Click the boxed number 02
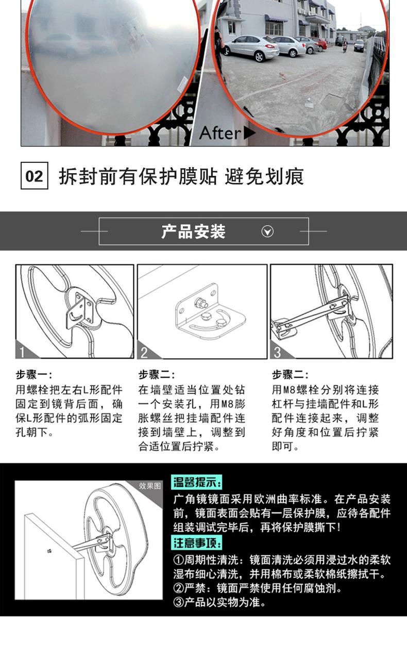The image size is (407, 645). tap(34, 176)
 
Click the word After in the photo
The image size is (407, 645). tap(220, 133)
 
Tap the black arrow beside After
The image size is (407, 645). tap(249, 133)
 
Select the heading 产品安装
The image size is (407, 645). tap(193, 231)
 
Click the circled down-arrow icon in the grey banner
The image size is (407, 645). tap(267, 231)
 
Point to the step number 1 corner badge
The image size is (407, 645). tap(25, 351)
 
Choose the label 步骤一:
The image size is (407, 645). tap(33, 375)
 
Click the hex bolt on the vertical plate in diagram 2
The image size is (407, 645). tap(200, 303)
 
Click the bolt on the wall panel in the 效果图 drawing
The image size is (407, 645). tap(48, 551)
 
